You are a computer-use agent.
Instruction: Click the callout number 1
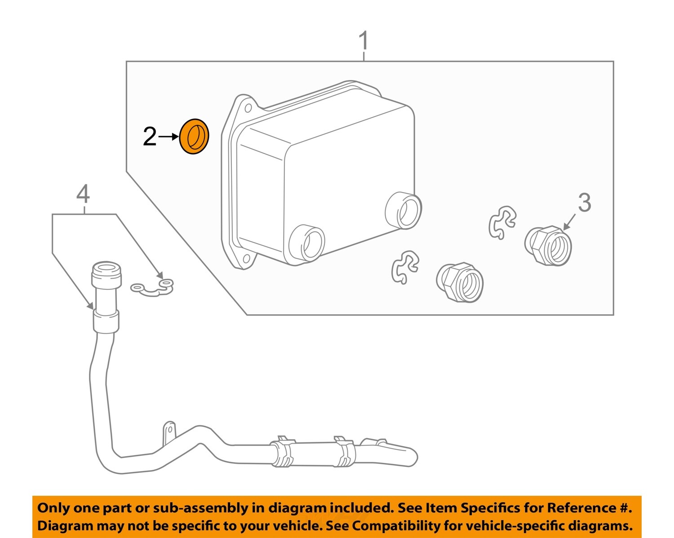click(364, 41)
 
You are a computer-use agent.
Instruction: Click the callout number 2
click(150, 137)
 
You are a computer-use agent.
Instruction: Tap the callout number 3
click(584, 203)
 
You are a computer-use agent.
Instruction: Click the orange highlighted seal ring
click(194, 137)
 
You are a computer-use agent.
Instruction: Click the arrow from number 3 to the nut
click(569, 222)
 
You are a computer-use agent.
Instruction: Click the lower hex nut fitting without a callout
click(460, 282)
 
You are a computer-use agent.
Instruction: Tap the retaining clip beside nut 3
click(502, 222)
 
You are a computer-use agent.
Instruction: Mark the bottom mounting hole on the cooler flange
click(246, 259)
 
